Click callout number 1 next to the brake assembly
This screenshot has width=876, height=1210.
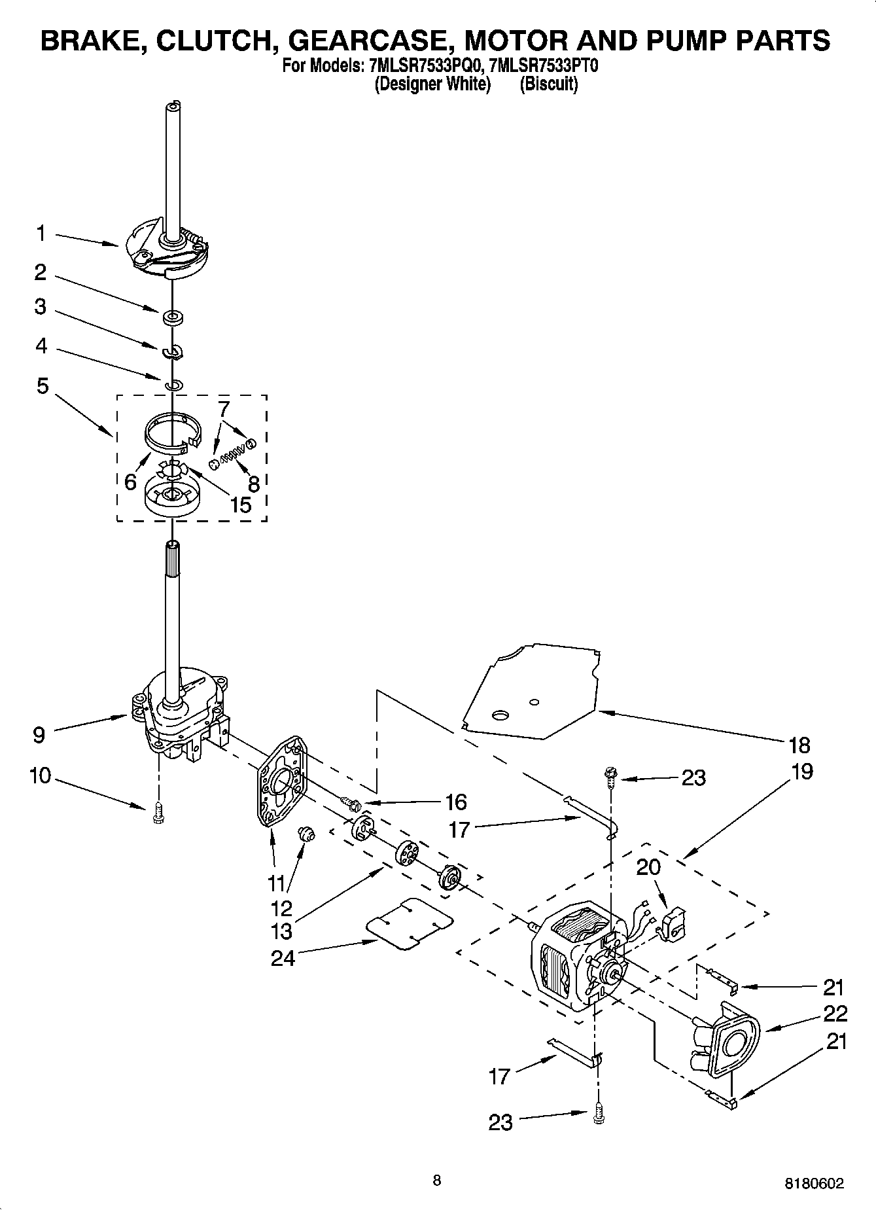[41, 233]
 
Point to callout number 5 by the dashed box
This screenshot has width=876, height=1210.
[42, 386]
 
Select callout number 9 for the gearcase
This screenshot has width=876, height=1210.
[39, 735]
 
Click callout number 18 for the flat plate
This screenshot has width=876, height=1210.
[799, 745]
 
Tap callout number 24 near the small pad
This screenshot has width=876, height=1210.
[283, 957]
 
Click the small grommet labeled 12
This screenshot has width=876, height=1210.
[306, 834]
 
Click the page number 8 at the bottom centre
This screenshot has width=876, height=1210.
[436, 1180]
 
